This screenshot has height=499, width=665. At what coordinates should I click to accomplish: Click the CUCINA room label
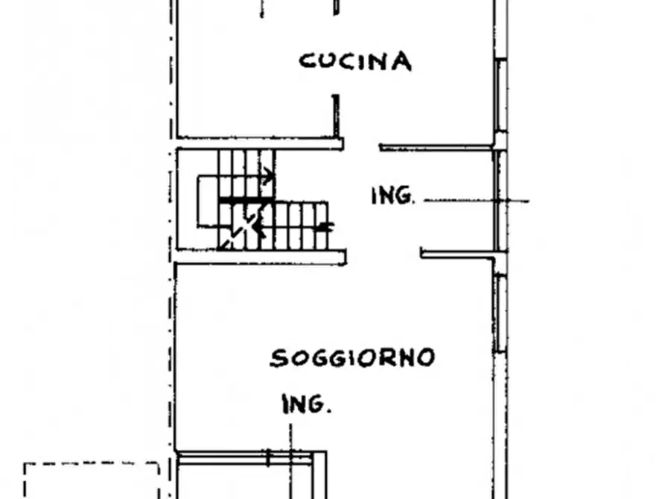coord(355,60)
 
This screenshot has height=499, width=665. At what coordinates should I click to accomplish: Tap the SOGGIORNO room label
coord(352,358)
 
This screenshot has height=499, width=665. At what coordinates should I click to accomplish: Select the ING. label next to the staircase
coord(392,197)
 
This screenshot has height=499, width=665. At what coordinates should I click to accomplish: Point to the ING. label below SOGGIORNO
coord(306,405)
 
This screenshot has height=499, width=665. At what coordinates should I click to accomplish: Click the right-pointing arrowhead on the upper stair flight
coord(268,177)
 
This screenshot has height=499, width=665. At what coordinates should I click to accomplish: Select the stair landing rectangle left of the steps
coord(207,203)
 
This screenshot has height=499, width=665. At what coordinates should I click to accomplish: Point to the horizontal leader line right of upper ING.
coord(477,200)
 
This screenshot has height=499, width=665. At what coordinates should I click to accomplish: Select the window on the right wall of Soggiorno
coord(500,313)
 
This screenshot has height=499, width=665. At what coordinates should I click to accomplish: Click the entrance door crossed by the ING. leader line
coord(497,200)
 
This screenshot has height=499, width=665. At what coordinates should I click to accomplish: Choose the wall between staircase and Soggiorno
coord(261,257)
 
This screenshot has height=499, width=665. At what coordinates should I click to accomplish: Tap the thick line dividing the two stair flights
coord(246,201)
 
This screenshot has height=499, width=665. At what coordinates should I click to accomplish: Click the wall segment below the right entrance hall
coord(458,254)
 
